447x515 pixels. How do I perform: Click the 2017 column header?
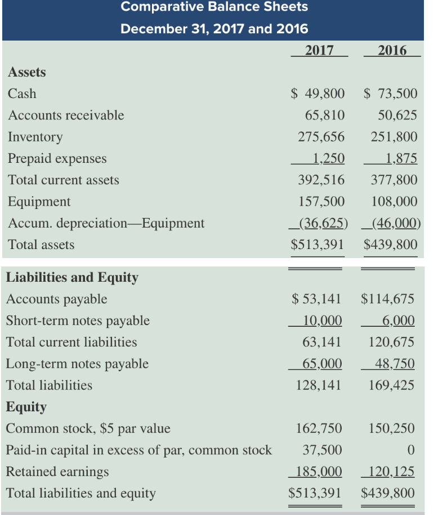[x=319, y=51]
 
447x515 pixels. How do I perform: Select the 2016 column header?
[x=392, y=51]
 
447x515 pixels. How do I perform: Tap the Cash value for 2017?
[x=318, y=94]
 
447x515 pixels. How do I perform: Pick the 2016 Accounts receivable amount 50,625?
[x=397, y=116]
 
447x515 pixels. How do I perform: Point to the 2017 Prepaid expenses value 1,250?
[x=329, y=158]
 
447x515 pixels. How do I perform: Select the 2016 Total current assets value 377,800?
[x=394, y=180]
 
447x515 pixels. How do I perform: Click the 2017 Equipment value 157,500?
[x=321, y=201]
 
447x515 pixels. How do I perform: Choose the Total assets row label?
[x=41, y=245]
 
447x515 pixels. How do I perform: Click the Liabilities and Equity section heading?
[x=72, y=278]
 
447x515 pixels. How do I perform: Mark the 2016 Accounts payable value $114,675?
[x=387, y=299]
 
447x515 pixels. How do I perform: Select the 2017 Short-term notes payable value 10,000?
[x=322, y=320]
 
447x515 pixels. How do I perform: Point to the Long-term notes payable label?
[x=77, y=364]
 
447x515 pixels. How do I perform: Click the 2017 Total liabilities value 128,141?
[x=319, y=385]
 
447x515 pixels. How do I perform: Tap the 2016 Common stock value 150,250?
[x=391, y=428]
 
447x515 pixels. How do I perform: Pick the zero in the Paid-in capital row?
[x=411, y=450]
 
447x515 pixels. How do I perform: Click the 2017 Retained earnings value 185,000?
[x=319, y=471]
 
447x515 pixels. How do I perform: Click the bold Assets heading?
[x=27, y=72]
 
